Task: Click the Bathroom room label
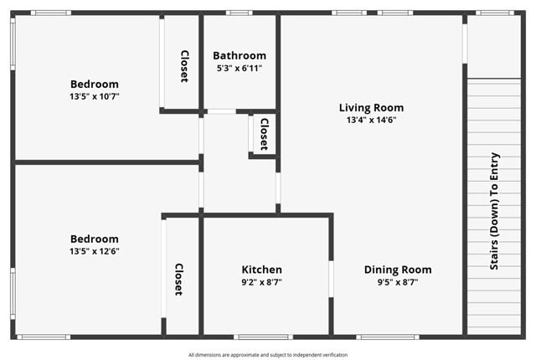point(240,56)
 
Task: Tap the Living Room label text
point(371,107)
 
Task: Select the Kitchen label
point(262,270)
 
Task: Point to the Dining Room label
point(398,270)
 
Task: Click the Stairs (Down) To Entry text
point(494,211)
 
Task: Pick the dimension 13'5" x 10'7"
point(94,96)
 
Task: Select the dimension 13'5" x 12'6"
point(94,251)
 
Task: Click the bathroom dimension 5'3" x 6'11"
point(240,69)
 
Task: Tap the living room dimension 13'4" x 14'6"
point(371,120)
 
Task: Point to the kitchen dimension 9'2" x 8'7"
point(262,282)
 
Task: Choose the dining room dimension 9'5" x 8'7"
point(398,282)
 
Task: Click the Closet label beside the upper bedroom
point(183,66)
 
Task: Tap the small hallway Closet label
point(264,133)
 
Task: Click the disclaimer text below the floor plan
point(268,354)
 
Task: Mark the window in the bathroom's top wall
point(240,13)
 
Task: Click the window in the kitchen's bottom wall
point(262,337)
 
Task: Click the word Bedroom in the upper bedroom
point(94,84)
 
